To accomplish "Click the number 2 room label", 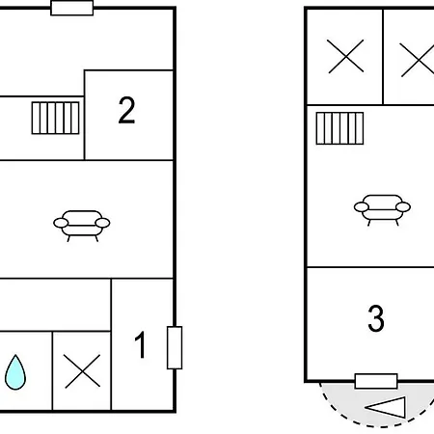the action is coord(126,110).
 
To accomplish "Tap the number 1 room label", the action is coord(140,345).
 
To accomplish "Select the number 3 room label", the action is coord(376,318).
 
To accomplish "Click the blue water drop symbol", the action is coord(15,372).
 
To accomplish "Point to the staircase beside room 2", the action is coord(55,118).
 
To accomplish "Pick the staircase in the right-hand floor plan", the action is coord(339,128).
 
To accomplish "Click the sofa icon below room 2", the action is coord(82,226).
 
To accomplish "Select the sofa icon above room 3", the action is coord(382,210).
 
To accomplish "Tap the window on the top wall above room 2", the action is coord(72,8).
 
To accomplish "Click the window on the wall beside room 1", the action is coord(175,347).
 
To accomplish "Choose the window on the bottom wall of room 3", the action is coord(376,381).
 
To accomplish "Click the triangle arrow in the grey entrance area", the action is coord(386,407).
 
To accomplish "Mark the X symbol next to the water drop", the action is coord(82,371).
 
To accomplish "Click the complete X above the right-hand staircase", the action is coord(345,56).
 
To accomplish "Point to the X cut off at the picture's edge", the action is coord(418,61).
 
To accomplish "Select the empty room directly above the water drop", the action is coord(55,305).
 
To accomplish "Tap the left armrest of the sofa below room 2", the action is coord(61,223).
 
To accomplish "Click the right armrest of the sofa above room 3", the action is coord(403,207).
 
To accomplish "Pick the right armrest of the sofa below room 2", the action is coord(102,223).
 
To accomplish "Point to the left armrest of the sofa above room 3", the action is coord(362,207).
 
